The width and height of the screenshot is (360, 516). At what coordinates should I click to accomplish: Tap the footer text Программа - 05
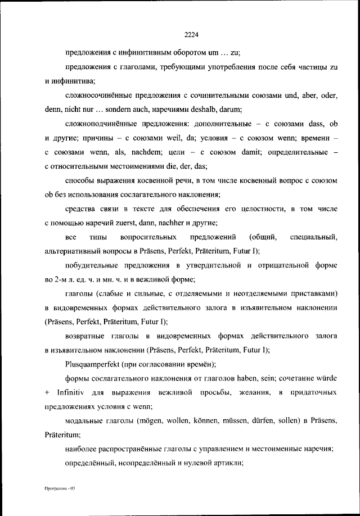coord(60,488)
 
